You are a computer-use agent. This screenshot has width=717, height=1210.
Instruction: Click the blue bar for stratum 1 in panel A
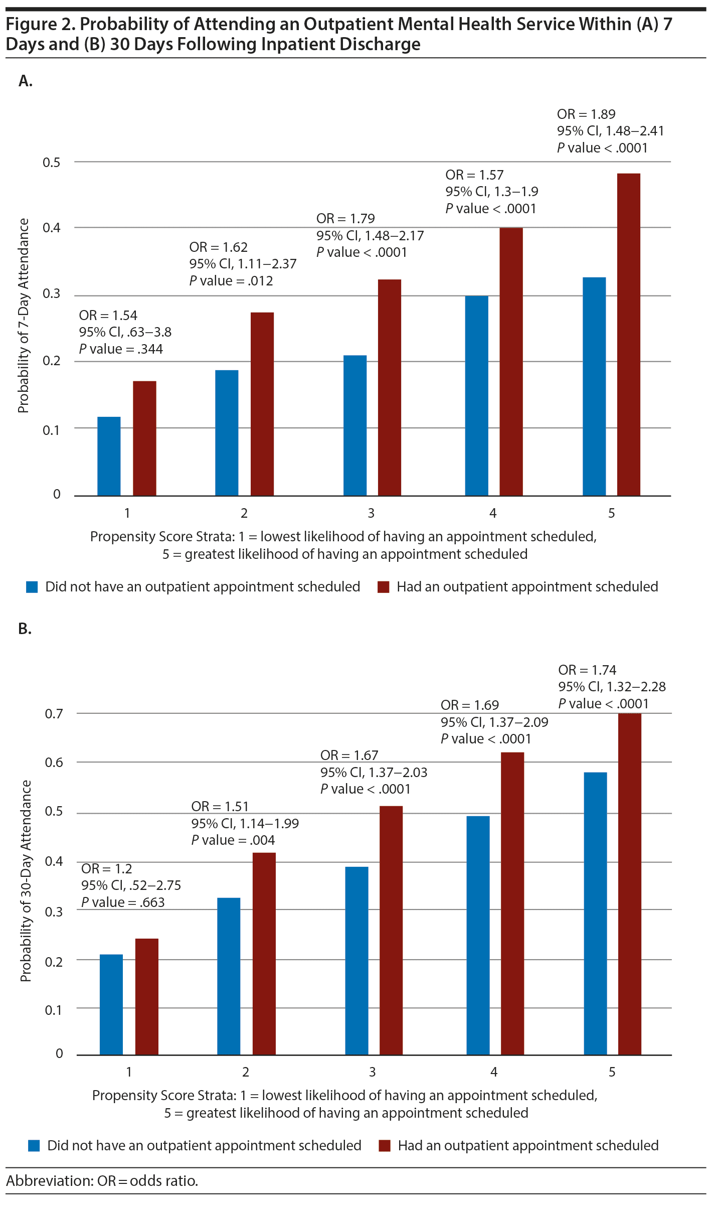(109, 456)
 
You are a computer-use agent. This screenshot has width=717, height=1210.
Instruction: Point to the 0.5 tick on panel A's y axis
(51, 163)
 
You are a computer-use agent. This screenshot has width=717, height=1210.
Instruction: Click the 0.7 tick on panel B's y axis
(54, 713)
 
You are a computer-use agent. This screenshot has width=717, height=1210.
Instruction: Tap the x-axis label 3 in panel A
(371, 513)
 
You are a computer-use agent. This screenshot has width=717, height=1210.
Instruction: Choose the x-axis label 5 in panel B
(612, 1072)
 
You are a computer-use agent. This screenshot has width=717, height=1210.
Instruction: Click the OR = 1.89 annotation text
(586, 114)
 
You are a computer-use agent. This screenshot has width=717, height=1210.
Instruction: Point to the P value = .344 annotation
(121, 349)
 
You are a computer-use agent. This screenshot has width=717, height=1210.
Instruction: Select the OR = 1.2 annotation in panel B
(106, 868)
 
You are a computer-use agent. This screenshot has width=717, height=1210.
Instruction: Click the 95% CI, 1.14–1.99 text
(245, 823)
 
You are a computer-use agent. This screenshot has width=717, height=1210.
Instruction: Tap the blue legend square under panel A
(32, 587)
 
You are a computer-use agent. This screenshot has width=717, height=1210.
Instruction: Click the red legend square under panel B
(385, 1146)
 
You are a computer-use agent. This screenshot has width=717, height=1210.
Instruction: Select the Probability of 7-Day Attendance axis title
(23, 316)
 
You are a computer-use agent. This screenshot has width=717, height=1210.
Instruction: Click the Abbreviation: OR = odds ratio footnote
(102, 1181)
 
